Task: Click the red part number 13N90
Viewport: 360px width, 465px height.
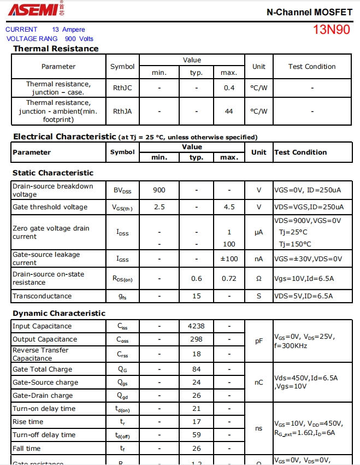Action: coord(332,30)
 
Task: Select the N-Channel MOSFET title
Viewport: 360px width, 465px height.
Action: coord(309,11)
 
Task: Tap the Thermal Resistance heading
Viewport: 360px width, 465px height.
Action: coord(56,49)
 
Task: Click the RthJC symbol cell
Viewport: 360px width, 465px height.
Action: coord(122,88)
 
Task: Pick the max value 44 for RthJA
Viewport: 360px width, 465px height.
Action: coord(229,111)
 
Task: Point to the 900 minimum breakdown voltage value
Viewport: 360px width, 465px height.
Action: coord(159,190)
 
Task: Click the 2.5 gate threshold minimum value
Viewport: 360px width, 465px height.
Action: coord(159,207)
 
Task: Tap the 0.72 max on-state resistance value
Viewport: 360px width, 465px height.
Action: coord(229,279)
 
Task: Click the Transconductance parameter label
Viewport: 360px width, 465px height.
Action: coord(42,296)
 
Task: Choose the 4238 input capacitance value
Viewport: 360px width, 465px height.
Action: coord(196,326)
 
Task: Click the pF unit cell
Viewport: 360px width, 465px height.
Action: coord(259,341)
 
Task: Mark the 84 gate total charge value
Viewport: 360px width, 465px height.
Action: coord(196,369)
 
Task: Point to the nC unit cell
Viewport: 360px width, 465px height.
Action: coord(259,382)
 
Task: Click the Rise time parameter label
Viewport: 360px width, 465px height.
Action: coord(28,422)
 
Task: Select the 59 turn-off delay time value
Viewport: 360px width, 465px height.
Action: coord(196,435)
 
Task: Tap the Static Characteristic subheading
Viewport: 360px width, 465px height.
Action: coord(53,173)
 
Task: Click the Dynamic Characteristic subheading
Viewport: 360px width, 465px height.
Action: coord(59,313)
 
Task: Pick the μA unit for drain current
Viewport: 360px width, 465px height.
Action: coord(259,232)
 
